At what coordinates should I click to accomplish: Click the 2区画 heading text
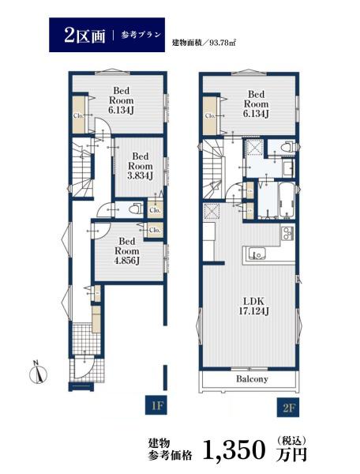click(x=84, y=36)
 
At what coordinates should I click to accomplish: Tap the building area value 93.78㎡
click(x=222, y=43)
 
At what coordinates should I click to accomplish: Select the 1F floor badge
click(x=156, y=404)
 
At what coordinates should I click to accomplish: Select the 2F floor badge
click(x=288, y=408)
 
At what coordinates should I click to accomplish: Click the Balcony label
click(x=252, y=378)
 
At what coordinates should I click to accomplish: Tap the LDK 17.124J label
click(x=253, y=306)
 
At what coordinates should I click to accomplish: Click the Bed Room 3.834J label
click(x=141, y=166)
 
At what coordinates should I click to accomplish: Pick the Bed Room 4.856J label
click(x=127, y=251)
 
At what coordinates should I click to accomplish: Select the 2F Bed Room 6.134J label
click(x=256, y=103)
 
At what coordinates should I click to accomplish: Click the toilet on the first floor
click(x=135, y=209)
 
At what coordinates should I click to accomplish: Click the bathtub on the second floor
click(x=287, y=200)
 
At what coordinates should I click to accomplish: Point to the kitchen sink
click(x=255, y=253)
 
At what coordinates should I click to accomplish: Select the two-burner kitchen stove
click(x=288, y=234)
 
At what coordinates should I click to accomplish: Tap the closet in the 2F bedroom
click(x=210, y=116)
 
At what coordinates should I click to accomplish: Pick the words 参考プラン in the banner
click(x=141, y=35)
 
